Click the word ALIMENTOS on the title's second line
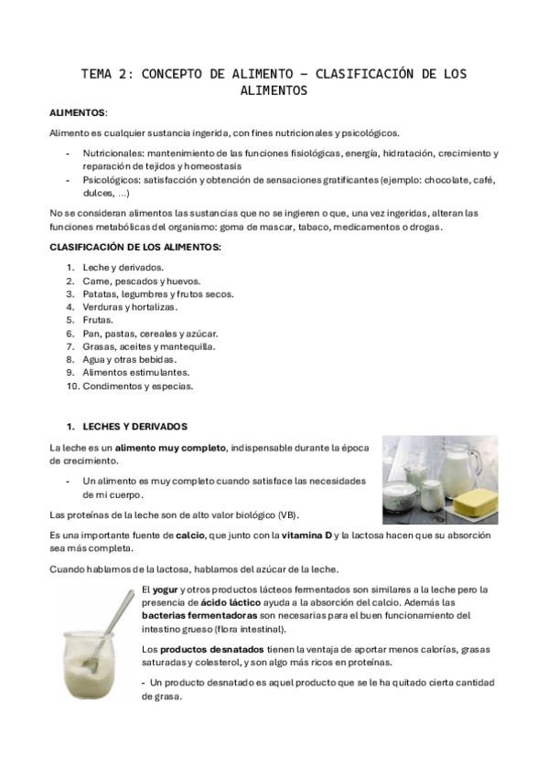click(274, 91)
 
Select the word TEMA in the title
click(99, 74)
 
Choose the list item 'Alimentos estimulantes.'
click(135, 373)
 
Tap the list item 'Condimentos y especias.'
click(137, 386)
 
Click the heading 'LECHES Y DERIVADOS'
click(134, 426)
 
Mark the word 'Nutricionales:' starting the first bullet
click(113, 154)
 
